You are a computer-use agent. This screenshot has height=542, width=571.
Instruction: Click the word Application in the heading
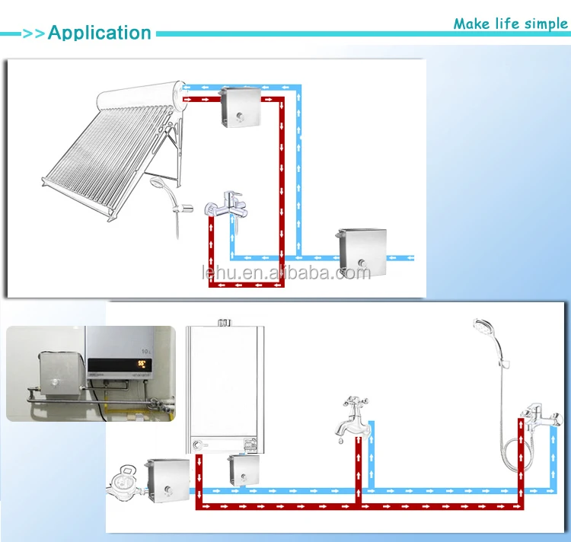(x=100, y=33)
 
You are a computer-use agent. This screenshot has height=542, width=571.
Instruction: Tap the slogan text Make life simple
(x=510, y=24)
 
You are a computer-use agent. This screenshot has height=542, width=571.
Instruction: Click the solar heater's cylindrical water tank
(x=142, y=101)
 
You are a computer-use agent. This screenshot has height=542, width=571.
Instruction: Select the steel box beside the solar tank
(x=239, y=107)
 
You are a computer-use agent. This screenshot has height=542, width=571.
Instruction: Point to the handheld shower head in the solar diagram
(x=159, y=188)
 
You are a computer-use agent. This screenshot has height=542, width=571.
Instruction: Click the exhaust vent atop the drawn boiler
(x=225, y=322)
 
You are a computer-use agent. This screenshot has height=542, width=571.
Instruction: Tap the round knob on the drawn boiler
(x=199, y=445)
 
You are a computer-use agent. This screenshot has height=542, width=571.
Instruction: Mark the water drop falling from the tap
(x=340, y=440)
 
